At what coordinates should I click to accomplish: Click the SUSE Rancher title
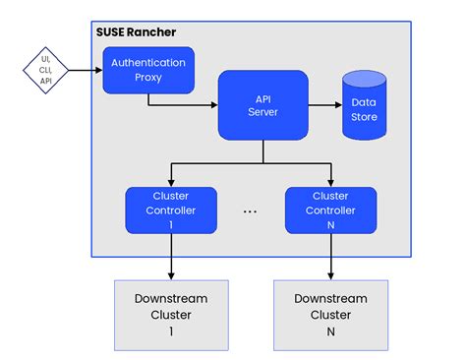(136, 31)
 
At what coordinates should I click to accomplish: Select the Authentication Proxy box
(147, 71)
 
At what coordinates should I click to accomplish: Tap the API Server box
(262, 104)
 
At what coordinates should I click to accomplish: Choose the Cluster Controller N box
(329, 210)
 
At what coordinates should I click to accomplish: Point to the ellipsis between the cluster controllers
(251, 211)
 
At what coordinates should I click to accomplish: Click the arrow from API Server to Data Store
(323, 104)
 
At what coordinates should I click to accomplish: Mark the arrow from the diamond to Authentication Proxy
(87, 70)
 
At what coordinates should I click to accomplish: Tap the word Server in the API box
(262, 113)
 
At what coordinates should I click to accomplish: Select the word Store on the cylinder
(364, 117)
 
